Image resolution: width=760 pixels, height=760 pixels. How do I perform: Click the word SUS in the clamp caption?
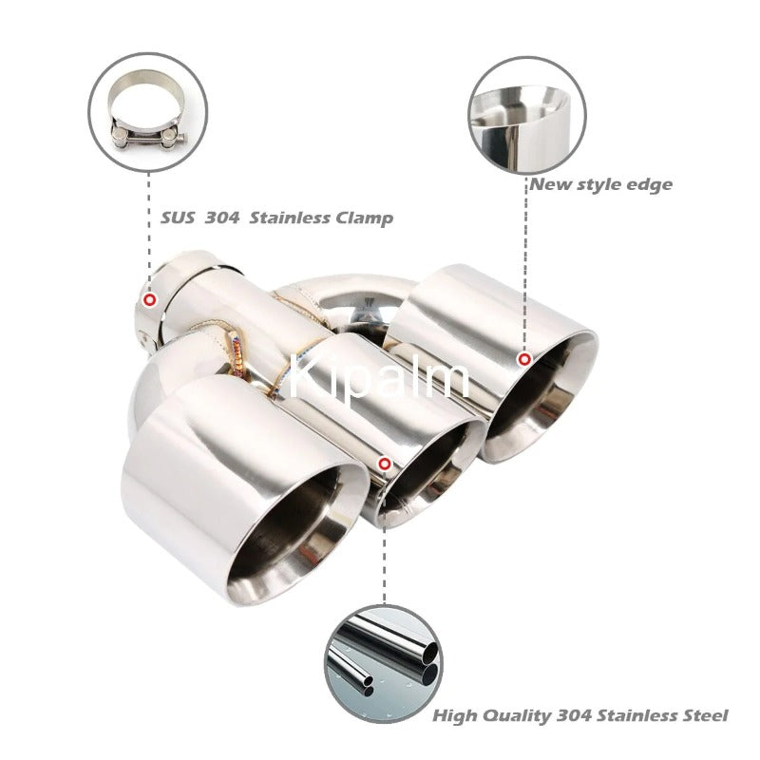178,218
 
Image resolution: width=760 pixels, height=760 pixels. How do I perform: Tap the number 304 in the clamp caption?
222,218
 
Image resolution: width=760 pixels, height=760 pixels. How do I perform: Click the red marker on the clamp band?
151,299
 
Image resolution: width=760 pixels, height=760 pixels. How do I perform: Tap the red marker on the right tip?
524,359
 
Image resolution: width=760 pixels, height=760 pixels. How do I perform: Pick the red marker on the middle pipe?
385,464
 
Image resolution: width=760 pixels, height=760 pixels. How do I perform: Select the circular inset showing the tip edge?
527,115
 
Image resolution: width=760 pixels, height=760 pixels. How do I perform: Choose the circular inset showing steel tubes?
384,664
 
